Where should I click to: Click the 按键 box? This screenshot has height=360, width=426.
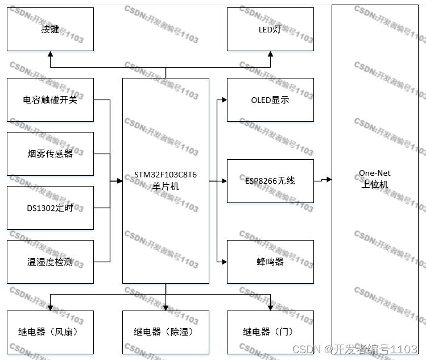click(50, 30)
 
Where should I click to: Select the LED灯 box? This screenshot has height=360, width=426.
click(270, 30)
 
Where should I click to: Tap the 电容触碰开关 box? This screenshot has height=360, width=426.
click(50, 100)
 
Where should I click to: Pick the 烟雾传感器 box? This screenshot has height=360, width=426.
click(50, 154)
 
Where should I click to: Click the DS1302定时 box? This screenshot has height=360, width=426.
click(50, 208)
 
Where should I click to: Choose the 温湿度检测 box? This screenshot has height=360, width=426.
click(50, 262)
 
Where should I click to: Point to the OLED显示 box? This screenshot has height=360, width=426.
click(270, 100)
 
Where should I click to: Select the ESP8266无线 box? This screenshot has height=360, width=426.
click(270, 181)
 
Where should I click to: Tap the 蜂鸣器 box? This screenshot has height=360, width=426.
click(270, 262)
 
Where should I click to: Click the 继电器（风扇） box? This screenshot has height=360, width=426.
click(50, 332)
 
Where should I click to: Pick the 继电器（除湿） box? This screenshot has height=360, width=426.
click(166, 332)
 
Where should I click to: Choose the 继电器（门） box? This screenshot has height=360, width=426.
click(270, 332)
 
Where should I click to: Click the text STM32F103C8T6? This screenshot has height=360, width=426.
click(166, 175)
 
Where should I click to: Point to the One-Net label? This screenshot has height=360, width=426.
click(374, 173)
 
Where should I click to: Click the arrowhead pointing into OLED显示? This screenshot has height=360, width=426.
click(224, 100)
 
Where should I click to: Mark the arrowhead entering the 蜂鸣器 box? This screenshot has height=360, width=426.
click(224, 262)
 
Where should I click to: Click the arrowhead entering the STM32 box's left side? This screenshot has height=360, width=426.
click(119, 181)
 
